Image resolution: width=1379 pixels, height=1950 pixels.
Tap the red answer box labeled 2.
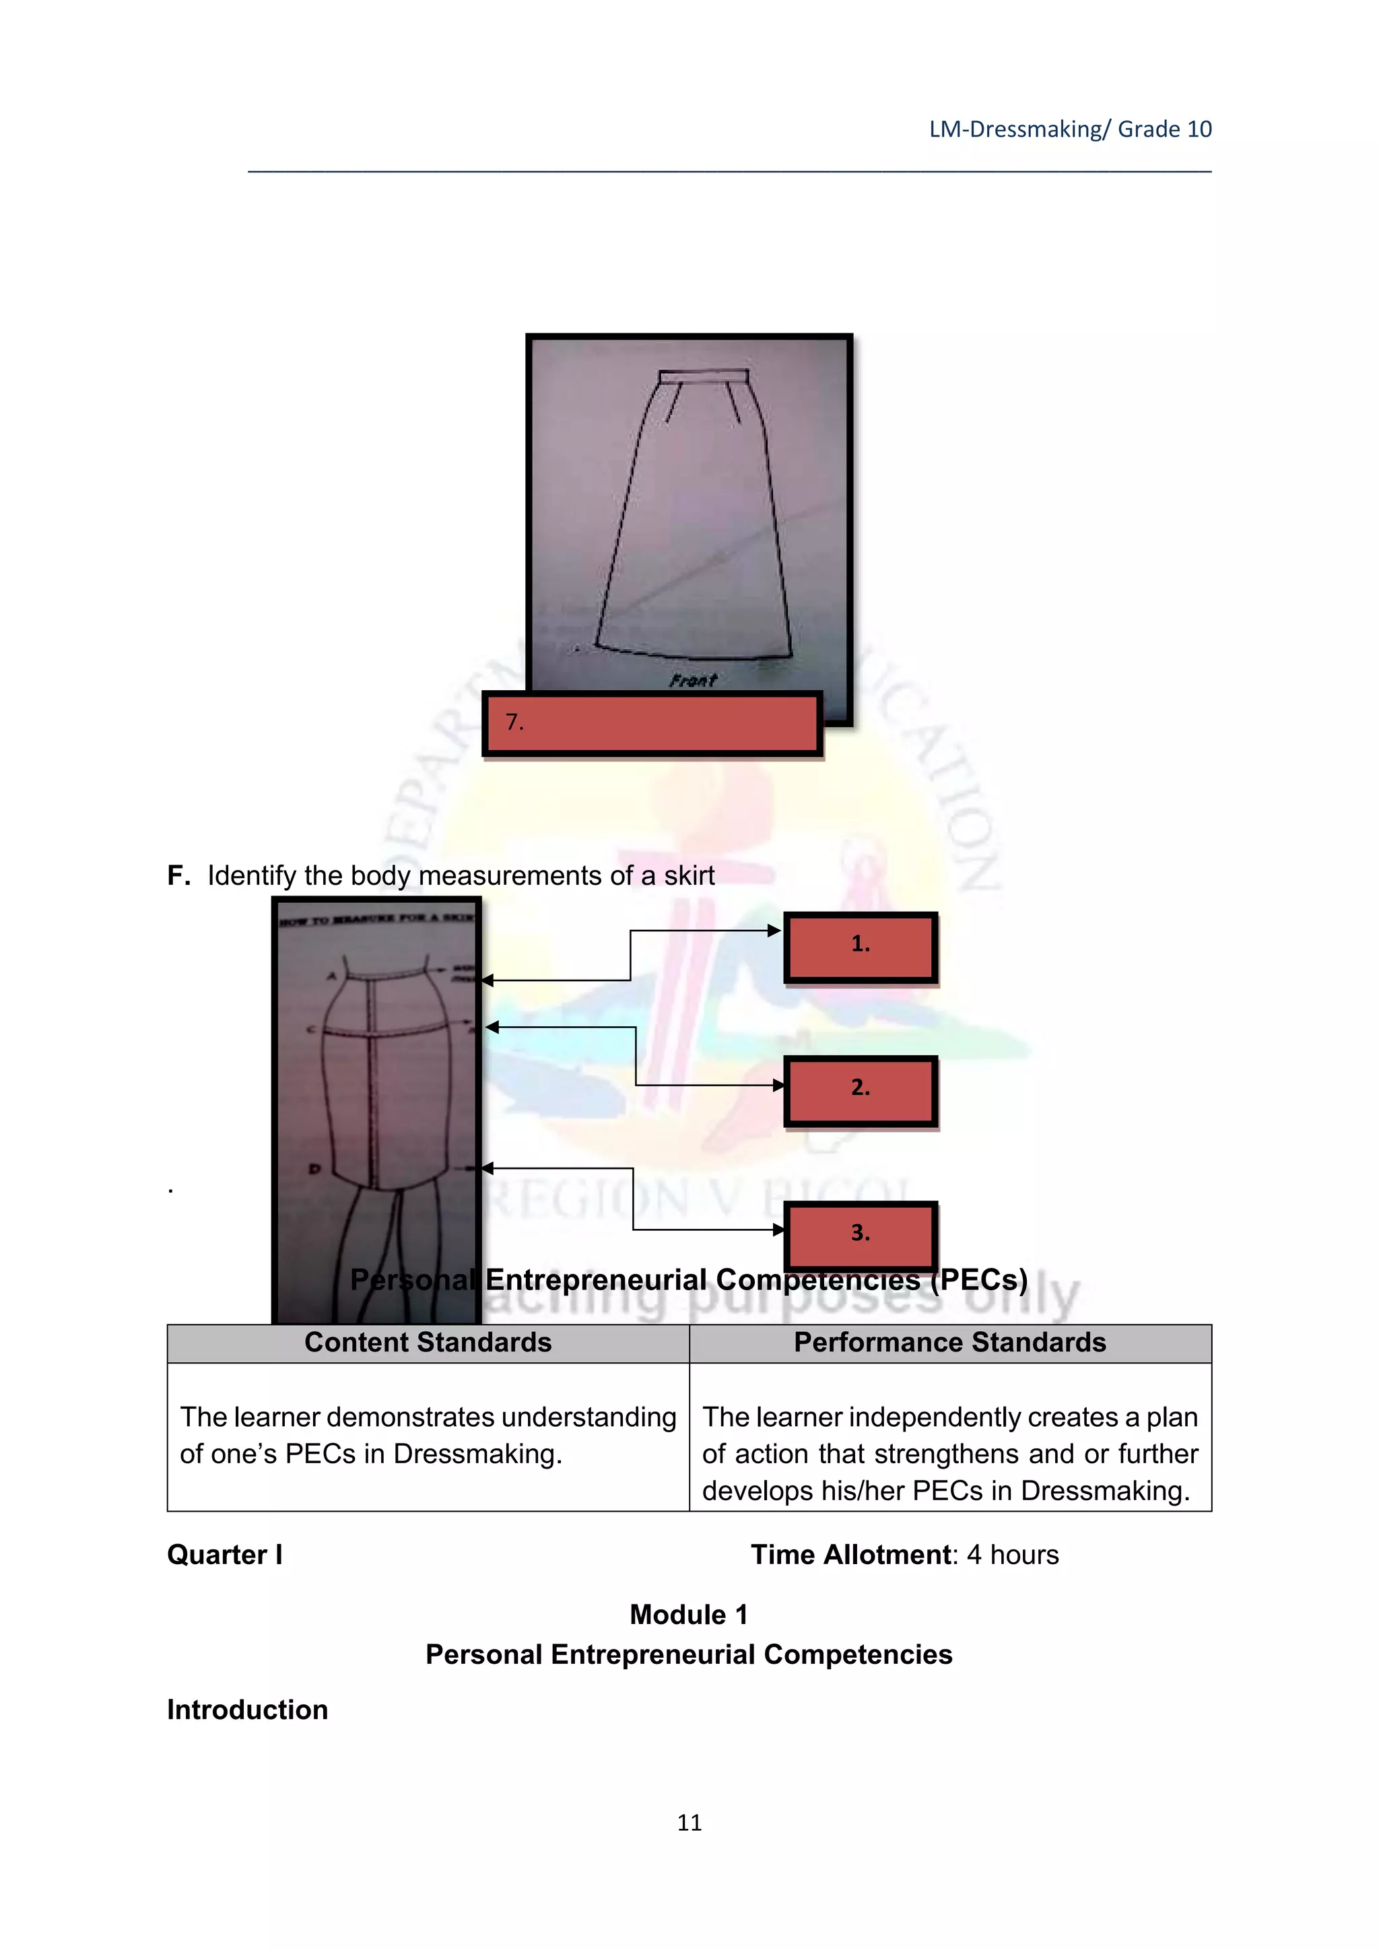coord(860,1091)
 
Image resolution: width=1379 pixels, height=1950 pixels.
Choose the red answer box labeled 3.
coord(860,1235)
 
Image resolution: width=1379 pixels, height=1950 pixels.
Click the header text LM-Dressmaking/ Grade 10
coord(1070,129)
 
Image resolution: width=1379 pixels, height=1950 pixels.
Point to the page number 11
coord(689,1823)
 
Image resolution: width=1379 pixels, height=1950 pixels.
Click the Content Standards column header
coord(428,1343)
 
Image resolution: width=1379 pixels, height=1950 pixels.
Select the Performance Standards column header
coord(949,1343)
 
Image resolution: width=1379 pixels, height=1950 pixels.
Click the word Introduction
coord(247,1710)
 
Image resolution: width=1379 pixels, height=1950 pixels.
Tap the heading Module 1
coord(689,1615)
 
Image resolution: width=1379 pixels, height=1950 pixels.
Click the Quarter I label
coord(225,1555)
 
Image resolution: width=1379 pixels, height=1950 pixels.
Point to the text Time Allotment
coord(851,1555)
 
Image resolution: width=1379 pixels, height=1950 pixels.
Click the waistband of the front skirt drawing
coord(704,376)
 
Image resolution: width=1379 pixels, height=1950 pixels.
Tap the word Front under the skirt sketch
coord(693,680)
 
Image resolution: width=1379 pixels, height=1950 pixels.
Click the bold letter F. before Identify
coord(178,875)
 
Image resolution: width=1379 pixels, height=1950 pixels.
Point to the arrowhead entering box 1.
coord(774,931)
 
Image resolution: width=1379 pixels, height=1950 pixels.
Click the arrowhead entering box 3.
coord(778,1230)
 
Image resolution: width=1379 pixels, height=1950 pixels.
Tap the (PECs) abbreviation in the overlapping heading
coord(978,1280)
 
